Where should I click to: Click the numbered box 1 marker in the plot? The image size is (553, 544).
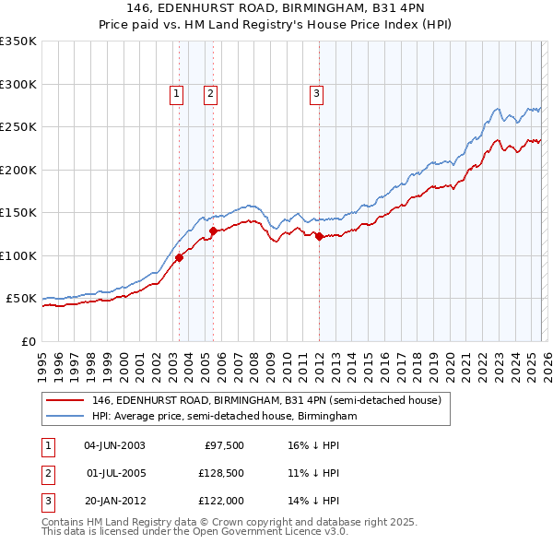pos(176,92)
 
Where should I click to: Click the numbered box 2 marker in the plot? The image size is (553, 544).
pos(210,92)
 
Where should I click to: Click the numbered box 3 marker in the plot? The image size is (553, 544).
pos(316,92)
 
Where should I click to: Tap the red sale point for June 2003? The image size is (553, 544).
pos(179,258)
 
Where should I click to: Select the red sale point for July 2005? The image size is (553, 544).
pos(213,231)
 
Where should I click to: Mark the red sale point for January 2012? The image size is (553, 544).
pos(319,237)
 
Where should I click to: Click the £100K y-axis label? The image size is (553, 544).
pos(18,255)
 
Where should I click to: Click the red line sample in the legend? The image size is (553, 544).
pos(66,401)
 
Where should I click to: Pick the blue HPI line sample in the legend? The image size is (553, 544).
pos(66,417)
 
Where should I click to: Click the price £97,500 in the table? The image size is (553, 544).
pos(223,445)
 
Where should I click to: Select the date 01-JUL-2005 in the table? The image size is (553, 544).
pos(114,473)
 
